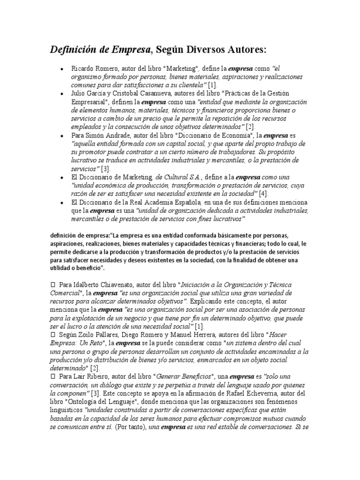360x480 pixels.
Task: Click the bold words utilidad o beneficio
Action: coord(75,268)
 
